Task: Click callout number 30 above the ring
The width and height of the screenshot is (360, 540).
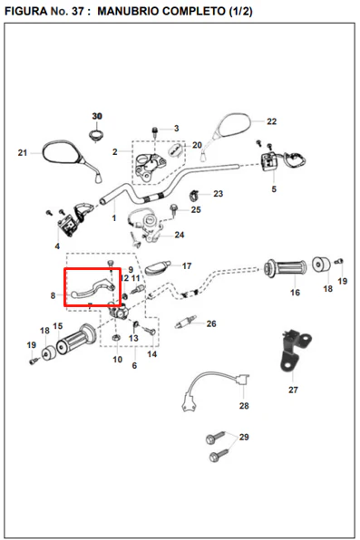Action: (97, 116)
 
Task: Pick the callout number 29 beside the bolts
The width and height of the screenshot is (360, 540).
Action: (244, 437)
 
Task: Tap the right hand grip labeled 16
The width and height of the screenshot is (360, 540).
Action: (286, 268)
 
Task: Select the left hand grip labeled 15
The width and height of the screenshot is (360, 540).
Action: (76, 338)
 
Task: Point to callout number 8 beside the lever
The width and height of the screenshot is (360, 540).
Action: (53, 295)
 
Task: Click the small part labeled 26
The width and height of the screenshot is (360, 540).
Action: (186, 323)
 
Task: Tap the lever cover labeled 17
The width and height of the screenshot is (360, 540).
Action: (158, 267)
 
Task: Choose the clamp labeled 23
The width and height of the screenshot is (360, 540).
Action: (194, 196)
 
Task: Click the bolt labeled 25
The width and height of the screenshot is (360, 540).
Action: (174, 209)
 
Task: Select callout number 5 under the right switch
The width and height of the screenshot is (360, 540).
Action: (274, 189)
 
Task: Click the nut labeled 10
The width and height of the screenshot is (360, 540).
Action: (116, 338)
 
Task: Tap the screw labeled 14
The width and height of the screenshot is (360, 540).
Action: (150, 332)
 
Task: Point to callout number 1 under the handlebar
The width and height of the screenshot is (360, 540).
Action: (113, 218)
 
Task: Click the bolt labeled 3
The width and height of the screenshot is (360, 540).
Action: (155, 131)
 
